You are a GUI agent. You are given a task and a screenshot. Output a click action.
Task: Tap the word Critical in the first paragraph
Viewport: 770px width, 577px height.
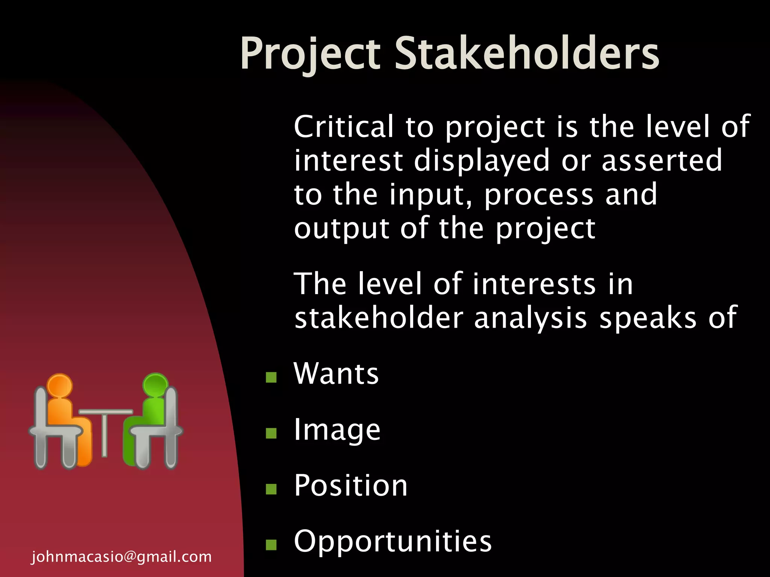point(344,127)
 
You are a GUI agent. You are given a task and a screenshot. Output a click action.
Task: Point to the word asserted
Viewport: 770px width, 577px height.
point(662,161)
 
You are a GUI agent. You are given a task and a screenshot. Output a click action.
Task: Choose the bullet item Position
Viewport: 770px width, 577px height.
point(350,485)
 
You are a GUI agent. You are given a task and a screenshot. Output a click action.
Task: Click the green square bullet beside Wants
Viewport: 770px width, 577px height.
point(271,377)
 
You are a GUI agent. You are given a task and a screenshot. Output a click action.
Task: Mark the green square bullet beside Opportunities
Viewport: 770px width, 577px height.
point(271,544)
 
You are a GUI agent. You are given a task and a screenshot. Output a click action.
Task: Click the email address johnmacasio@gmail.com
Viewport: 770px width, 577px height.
point(121,556)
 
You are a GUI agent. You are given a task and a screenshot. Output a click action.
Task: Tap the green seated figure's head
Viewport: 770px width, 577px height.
point(156,385)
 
